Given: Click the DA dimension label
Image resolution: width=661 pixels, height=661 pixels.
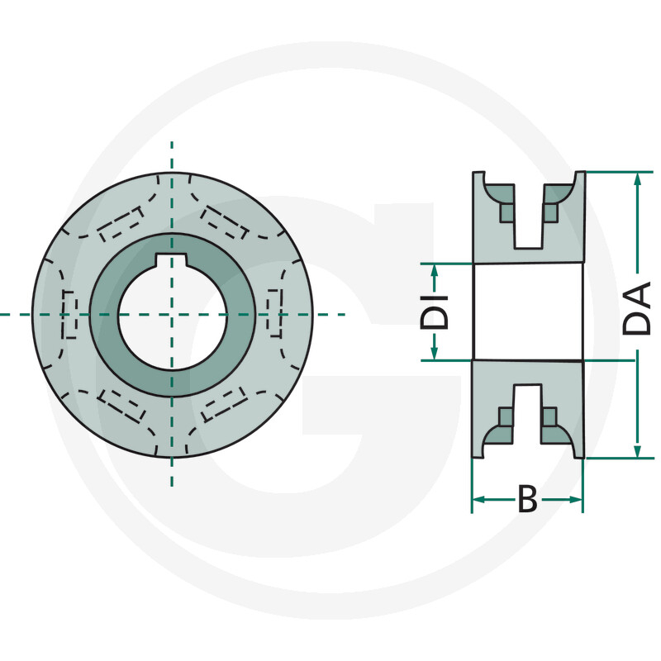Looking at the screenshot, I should tap(637, 308).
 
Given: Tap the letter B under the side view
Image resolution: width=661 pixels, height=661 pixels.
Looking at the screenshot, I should tap(527, 500).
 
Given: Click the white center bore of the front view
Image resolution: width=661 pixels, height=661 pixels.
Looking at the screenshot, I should tap(172, 316).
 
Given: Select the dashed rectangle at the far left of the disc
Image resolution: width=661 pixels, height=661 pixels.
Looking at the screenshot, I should tap(69, 315).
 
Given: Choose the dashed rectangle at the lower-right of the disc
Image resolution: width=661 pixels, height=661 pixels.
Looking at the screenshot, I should tap(224, 406).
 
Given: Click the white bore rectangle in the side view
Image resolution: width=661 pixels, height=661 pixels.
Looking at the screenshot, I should tap(528, 312).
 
